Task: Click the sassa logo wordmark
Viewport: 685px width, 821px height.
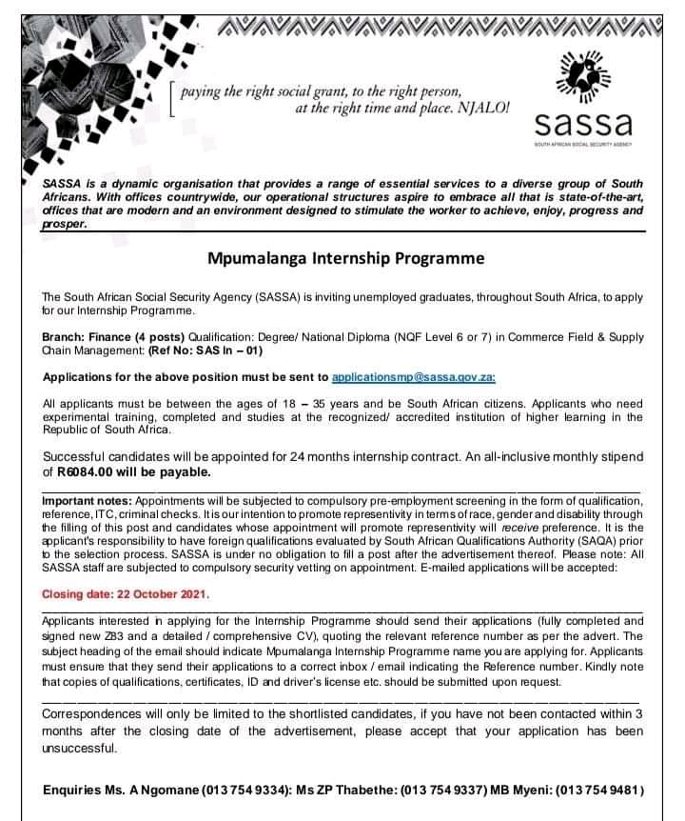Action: (583, 123)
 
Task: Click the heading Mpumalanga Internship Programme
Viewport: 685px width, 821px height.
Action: (346, 258)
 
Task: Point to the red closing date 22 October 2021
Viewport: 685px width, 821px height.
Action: (125, 593)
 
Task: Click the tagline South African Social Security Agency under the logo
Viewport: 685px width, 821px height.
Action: (583, 144)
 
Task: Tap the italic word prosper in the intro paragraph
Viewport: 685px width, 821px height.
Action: (64, 225)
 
